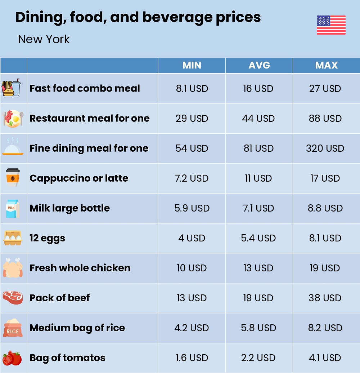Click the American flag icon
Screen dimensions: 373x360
tap(331, 25)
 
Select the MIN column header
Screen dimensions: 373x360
tap(192, 65)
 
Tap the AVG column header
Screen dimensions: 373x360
tap(259, 65)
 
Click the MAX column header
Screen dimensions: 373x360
tap(326, 65)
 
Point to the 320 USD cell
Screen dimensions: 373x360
tap(325, 148)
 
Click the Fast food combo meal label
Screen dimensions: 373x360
tap(85, 88)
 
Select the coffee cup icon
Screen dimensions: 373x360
tap(13, 178)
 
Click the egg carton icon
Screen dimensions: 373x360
tap(13, 238)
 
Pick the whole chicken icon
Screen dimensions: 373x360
tap(13, 268)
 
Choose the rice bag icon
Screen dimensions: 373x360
tap(13, 328)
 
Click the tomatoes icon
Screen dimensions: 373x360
tap(12, 358)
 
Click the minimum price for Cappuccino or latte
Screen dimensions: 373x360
tap(192, 178)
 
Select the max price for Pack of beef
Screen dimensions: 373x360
tap(325, 298)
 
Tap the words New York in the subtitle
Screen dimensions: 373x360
tap(44, 39)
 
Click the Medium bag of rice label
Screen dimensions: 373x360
tap(77, 328)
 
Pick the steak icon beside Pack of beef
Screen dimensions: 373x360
tap(13, 298)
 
